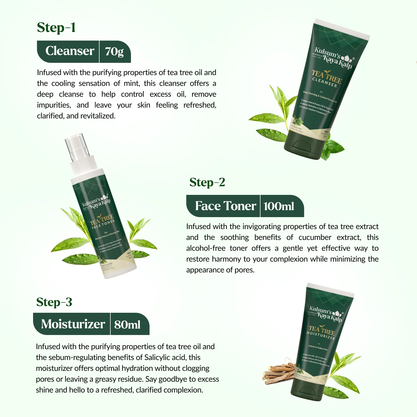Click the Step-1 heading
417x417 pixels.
click(x=56, y=28)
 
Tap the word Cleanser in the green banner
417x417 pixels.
click(x=70, y=51)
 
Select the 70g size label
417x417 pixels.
click(x=114, y=52)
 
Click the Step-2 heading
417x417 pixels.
click(x=207, y=183)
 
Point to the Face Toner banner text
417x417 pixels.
click(x=225, y=206)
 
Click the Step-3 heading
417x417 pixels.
click(x=54, y=302)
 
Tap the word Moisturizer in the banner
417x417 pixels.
click(x=73, y=324)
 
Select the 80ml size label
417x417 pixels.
click(x=127, y=325)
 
